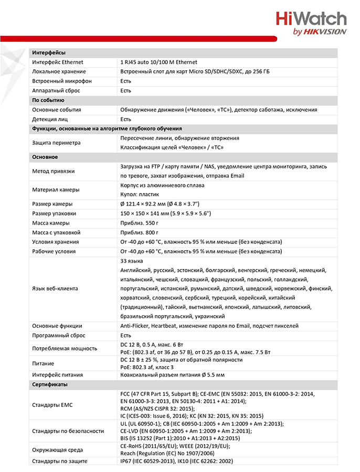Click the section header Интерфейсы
coord(49,52)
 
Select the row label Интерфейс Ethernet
coord(58,62)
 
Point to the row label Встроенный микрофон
coord(61,81)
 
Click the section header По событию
coord(48,100)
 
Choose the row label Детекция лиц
coord(51,119)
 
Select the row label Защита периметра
coord(56,143)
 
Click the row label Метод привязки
coord(53,171)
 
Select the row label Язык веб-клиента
coord(55,288)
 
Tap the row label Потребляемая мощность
coord(65,348)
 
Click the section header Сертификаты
coord(50,384)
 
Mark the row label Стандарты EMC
coord(54,404)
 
